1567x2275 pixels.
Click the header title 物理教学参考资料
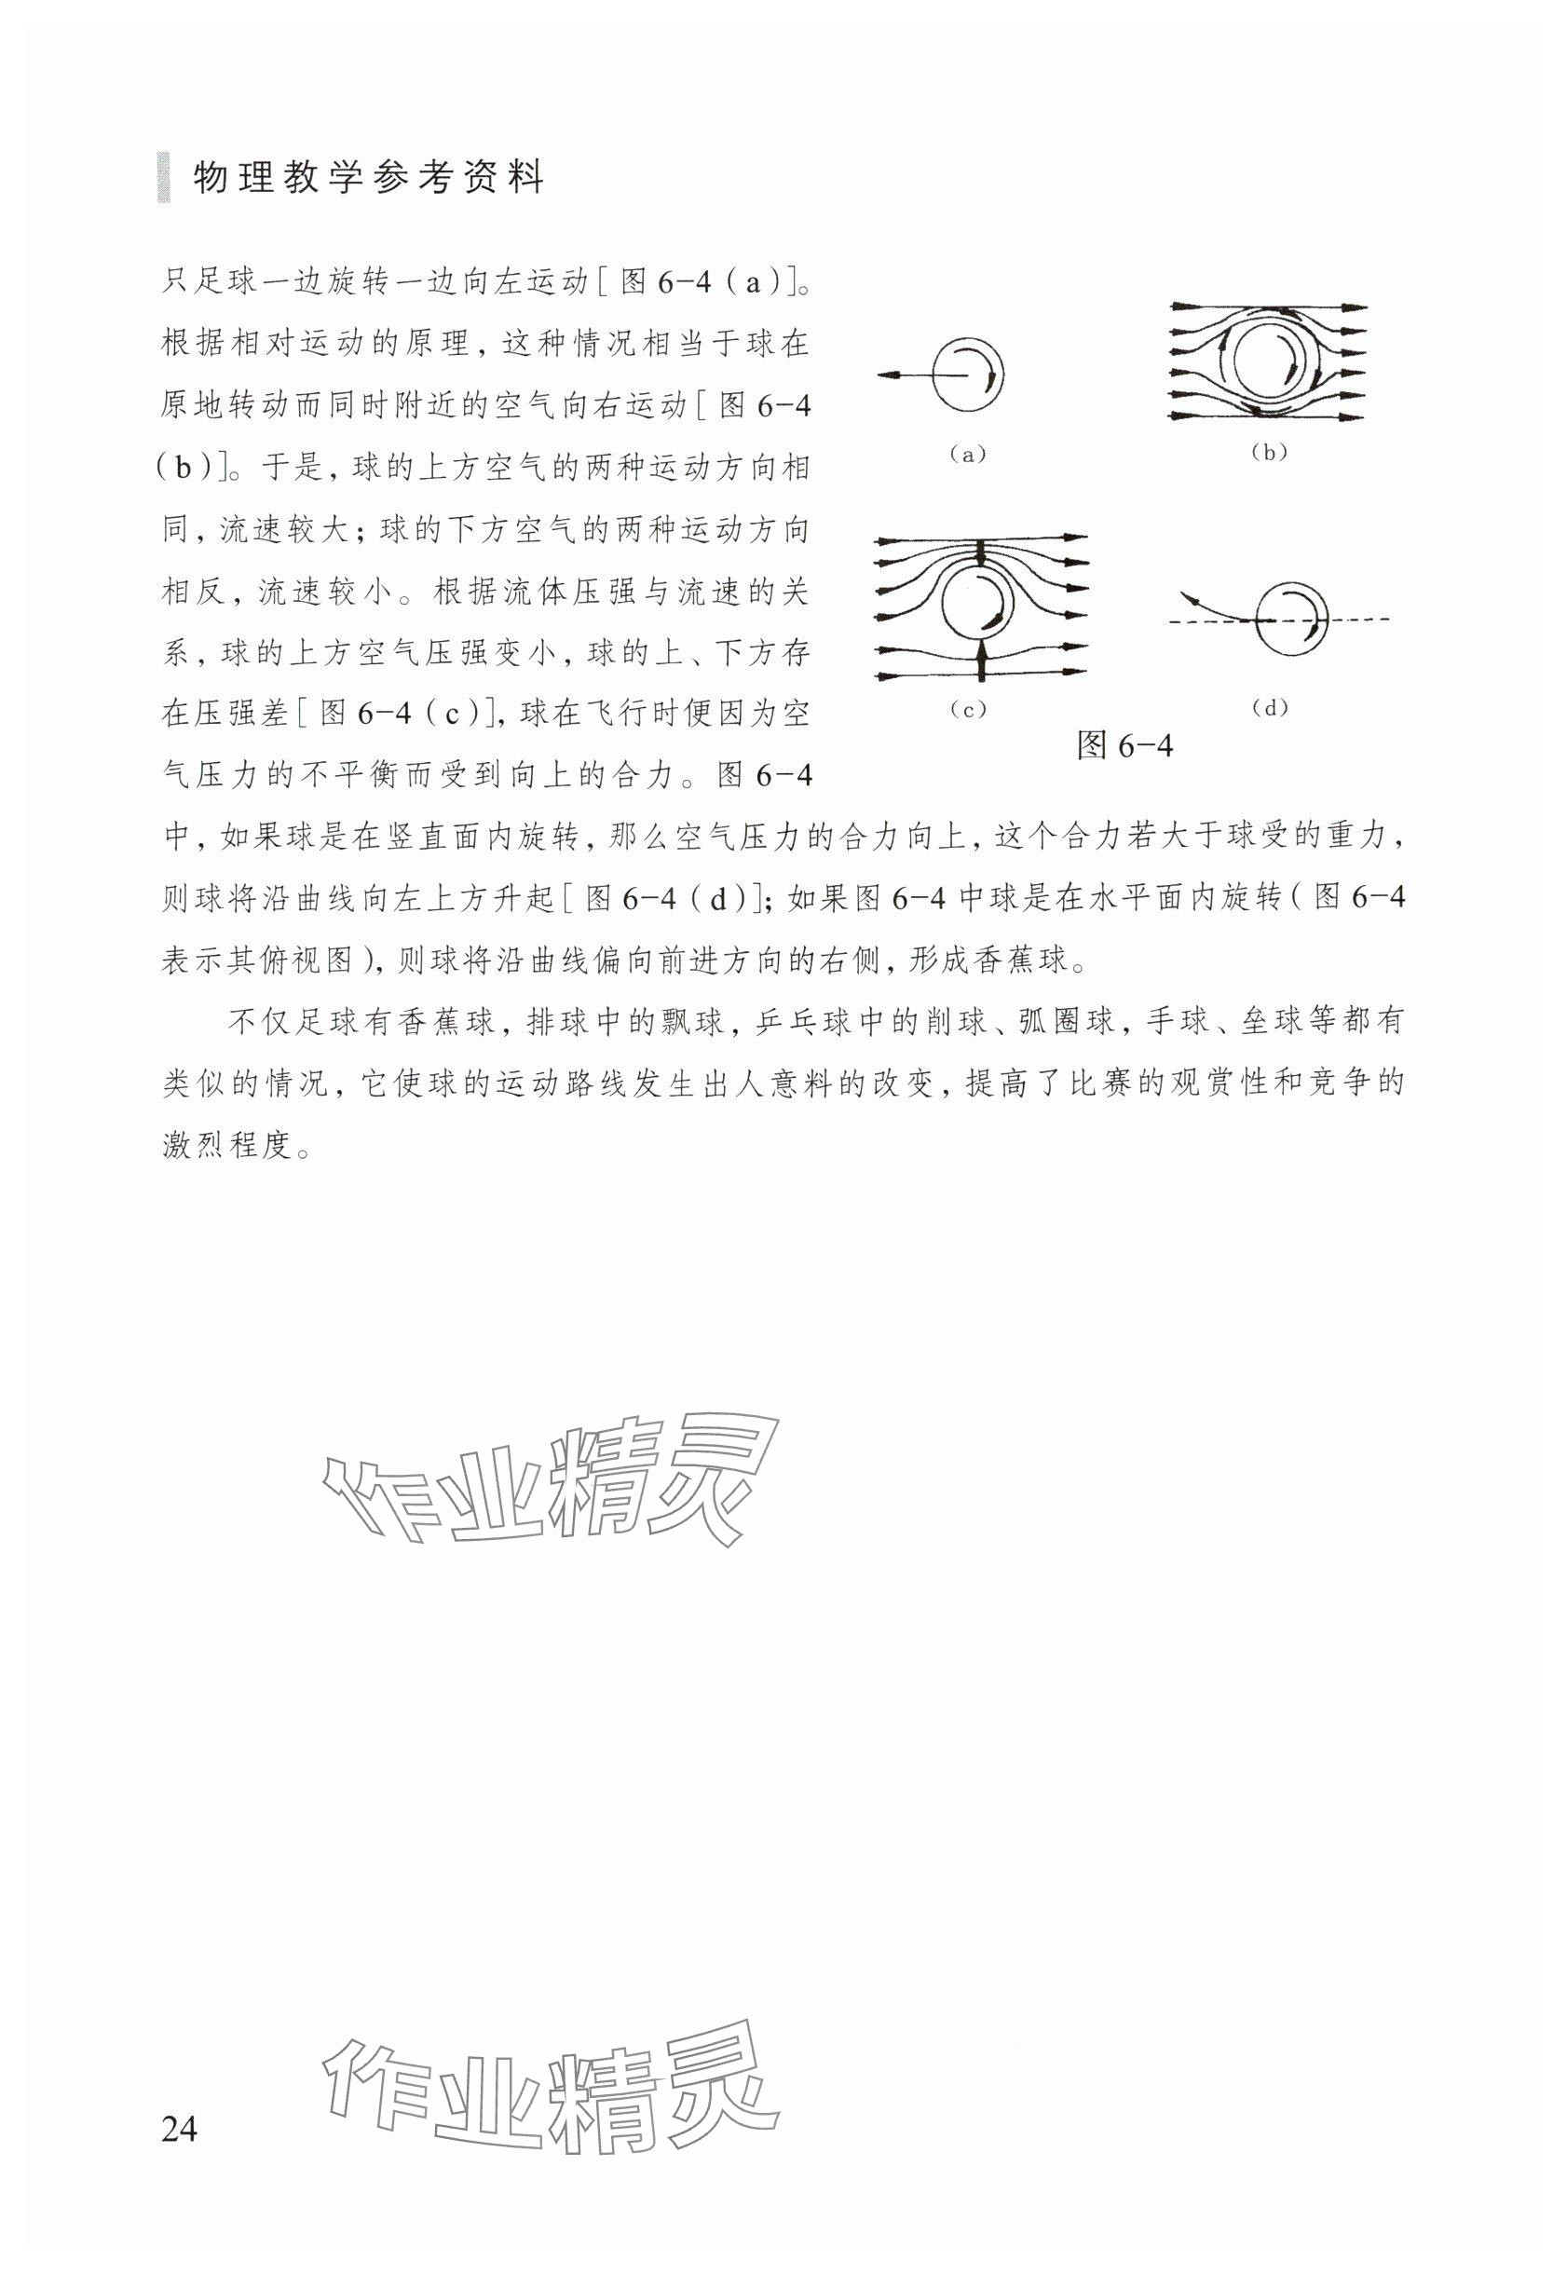coord(368,180)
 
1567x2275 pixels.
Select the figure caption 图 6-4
coord(1124,746)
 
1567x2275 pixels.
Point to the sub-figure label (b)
coord(1269,453)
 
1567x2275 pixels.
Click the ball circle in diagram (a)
coord(967,376)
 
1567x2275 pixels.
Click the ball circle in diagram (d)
coord(1289,620)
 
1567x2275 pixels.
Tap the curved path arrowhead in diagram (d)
coord(1188,597)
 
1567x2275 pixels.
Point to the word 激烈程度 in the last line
coord(228,1145)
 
